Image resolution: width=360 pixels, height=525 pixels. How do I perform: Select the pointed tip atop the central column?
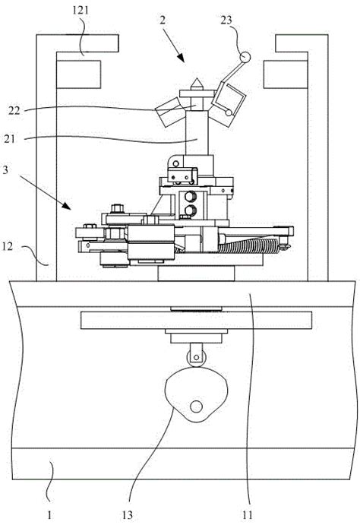click(197, 86)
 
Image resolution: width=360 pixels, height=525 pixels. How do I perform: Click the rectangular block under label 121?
click(79, 74)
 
